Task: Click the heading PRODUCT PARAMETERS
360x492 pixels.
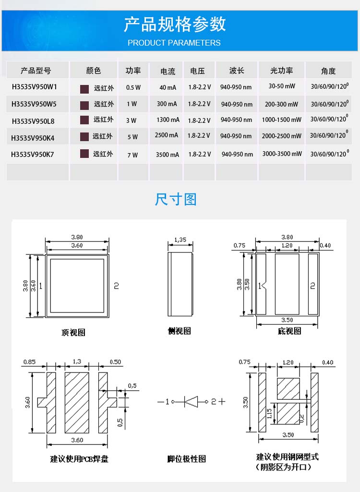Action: click(x=174, y=43)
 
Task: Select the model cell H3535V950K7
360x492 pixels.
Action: click(x=33, y=154)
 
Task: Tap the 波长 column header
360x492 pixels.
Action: click(x=236, y=71)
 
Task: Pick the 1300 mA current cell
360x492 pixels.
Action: click(x=168, y=120)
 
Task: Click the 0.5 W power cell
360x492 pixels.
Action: click(x=133, y=88)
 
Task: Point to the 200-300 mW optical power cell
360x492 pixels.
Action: click(x=281, y=104)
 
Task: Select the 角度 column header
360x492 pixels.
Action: click(x=328, y=71)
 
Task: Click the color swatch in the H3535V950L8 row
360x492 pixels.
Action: click(x=84, y=120)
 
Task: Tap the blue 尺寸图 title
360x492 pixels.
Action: click(x=176, y=199)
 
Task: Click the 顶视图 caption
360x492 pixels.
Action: click(x=73, y=332)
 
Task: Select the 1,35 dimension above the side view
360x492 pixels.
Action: click(x=180, y=240)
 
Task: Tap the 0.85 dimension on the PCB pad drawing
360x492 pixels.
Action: click(x=30, y=362)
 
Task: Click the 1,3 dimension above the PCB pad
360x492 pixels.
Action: click(x=76, y=361)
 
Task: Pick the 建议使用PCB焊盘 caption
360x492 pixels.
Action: click(x=79, y=459)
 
